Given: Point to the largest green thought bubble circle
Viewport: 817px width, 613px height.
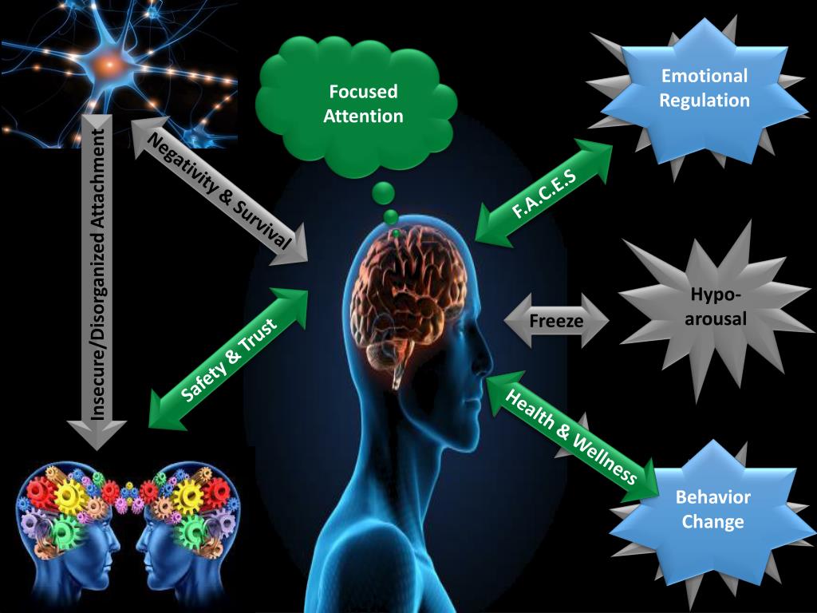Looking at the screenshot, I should pyautogui.click(x=384, y=192).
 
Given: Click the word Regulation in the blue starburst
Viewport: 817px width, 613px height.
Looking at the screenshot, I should pyautogui.click(x=705, y=101).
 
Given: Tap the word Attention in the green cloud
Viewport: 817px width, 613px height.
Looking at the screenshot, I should pyautogui.click(x=363, y=116).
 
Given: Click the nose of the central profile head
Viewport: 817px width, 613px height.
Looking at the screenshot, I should pyautogui.click(x=486, y=364).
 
